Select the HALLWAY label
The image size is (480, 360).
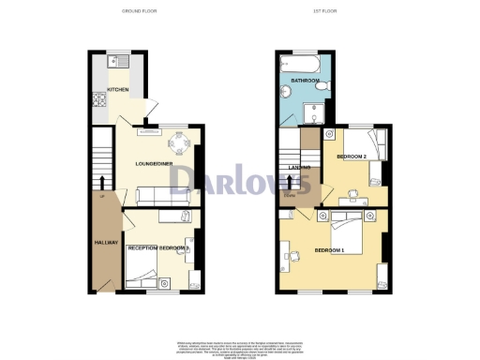106,242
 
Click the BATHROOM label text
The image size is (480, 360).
306,82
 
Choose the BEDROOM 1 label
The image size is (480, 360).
330,250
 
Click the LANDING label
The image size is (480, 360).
301,167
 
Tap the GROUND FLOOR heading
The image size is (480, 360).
139,10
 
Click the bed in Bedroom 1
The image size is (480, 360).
347,225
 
